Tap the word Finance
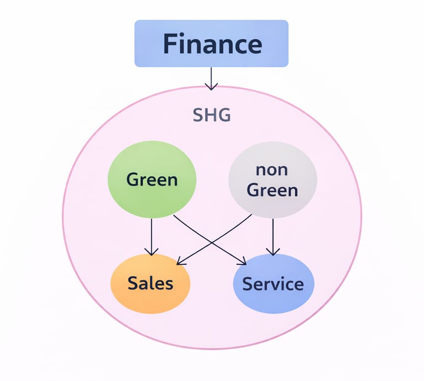point(212,44)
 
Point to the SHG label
point(211,115)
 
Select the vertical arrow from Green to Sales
point(151,235)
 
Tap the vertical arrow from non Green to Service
point(272,235)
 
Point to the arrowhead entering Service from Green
point(244,261)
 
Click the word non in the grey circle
point(272,170)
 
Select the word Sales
point(150,283)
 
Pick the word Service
point(273,284)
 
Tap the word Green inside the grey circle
point(272,190)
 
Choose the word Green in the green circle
point(152,179)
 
